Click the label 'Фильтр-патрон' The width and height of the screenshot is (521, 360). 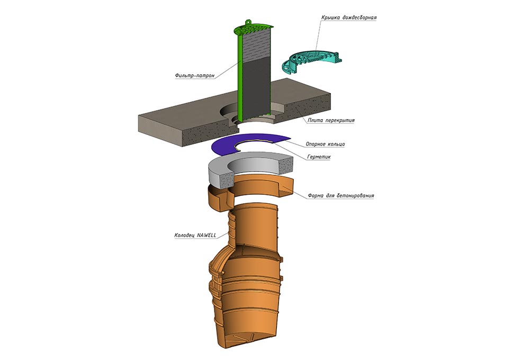click(x=194, y=76)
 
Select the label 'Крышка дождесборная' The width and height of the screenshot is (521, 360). click(x=348, y=17)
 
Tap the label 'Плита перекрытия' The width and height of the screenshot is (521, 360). click(x=331, y=120)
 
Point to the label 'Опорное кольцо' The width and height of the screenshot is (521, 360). click(x=325, y=144)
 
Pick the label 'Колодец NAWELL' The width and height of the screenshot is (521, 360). click(x=195, y=235)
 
